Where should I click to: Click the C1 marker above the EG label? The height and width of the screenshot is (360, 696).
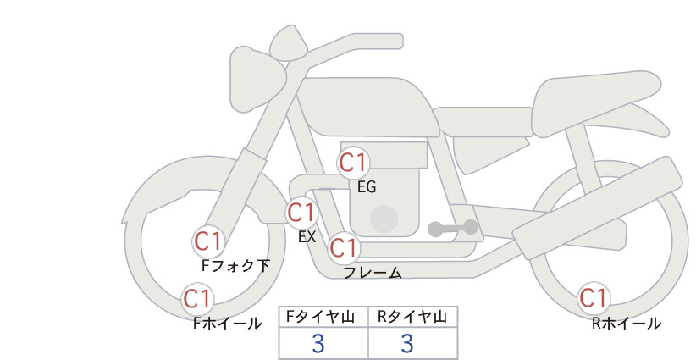tap(353, 163)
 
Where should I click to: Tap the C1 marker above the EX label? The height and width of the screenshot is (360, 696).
tap(301, 213)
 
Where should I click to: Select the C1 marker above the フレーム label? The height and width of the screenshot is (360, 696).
tap(344, 247)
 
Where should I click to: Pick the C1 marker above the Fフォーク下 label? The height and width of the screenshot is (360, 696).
tap(207, 242)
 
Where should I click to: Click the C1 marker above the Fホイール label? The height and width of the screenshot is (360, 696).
tap(197, 299)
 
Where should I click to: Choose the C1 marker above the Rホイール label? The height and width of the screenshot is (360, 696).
tap(593, 298)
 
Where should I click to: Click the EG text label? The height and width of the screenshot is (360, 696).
tap(367, 187)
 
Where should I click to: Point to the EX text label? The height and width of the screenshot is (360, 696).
tap(307, 237)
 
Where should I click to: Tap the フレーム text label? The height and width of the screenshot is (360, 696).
tap(373, 273)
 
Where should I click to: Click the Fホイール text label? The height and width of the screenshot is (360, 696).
tap(228, 324)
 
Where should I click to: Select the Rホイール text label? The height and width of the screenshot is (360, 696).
tap(627, 324)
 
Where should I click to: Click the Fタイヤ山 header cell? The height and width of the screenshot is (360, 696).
tap(323, 317)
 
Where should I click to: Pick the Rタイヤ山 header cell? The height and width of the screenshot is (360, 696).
tap(413, 317)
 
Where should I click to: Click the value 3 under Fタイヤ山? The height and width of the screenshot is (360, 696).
tap(318, 343)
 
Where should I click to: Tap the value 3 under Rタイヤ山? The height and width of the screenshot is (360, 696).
tap(407, 343)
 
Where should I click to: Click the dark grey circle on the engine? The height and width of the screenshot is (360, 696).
tap(384, 219)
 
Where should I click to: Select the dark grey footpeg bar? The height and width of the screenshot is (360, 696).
tap(454, 228)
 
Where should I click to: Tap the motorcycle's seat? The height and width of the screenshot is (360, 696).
tap(594, 102)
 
